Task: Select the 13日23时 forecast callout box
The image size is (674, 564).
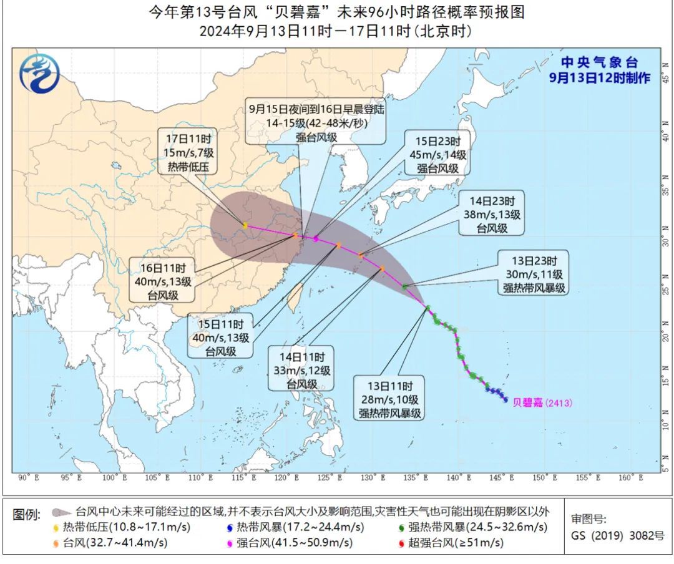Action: [x=534, y=273]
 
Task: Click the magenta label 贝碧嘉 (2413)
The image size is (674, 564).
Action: [x=542, y=403]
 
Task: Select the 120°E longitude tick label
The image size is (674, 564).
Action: [x=287, y=478]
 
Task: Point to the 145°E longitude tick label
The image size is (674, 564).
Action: [x=502, y=478]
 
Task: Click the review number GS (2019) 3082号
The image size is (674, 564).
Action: [x=617, y=535]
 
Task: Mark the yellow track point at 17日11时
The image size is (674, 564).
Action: [x=245, y=225]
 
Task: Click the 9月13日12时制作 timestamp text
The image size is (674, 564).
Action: [x=599, y=77]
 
